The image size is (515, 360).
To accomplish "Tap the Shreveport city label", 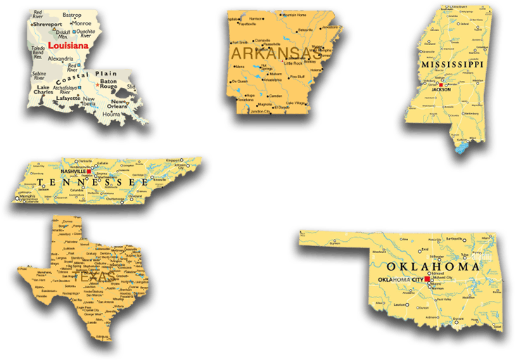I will click(x=49, y=24).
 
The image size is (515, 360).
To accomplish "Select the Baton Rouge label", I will click(x=109, y=85).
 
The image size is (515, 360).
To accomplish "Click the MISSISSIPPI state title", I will click(x=452, y=64).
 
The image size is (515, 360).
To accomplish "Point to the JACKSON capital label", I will click(x=441, y=90).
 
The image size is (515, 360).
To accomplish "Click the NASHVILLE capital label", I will click(x=73, y=171).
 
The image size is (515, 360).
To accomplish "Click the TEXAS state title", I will click(x=100, y=277).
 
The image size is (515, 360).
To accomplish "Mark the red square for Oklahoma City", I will click(x=427, y=279).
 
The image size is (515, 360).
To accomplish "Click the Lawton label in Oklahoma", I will click(x=400, y=304).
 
